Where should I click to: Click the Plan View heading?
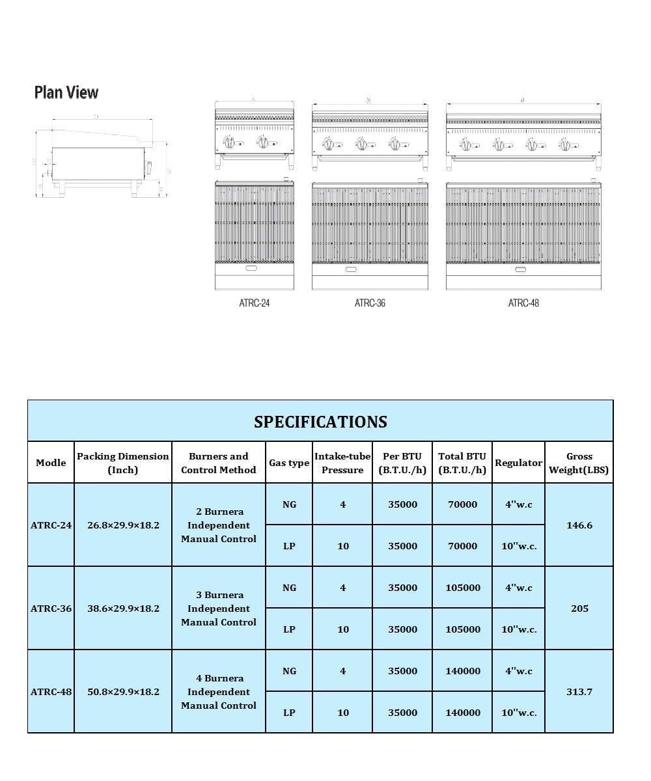point(66,92)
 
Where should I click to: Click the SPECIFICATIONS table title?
point(320,422)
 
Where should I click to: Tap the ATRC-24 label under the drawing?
point(254,303)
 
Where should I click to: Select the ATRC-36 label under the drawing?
point(370,303)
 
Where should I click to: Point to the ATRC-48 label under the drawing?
point(523,303)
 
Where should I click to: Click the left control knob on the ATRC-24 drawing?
point(229,143)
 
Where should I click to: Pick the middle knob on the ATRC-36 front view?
point(361,144)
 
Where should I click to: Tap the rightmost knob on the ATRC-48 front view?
point(564,144)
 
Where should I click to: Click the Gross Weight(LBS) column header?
point(579,463)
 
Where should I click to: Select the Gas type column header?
point(289,463)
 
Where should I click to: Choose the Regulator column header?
point(518,463)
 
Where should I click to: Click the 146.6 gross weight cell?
point(579,525)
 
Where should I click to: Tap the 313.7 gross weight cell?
point(579,692)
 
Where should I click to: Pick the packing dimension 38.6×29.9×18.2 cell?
point(123,609)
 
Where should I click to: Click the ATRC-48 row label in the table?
point(51,692)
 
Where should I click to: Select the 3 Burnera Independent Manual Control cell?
point(219,609)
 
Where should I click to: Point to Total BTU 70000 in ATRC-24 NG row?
point(462,504)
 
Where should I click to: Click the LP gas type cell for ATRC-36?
point(289,629)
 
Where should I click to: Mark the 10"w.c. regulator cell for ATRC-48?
point(519,713)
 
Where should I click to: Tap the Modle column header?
point(51,463)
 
